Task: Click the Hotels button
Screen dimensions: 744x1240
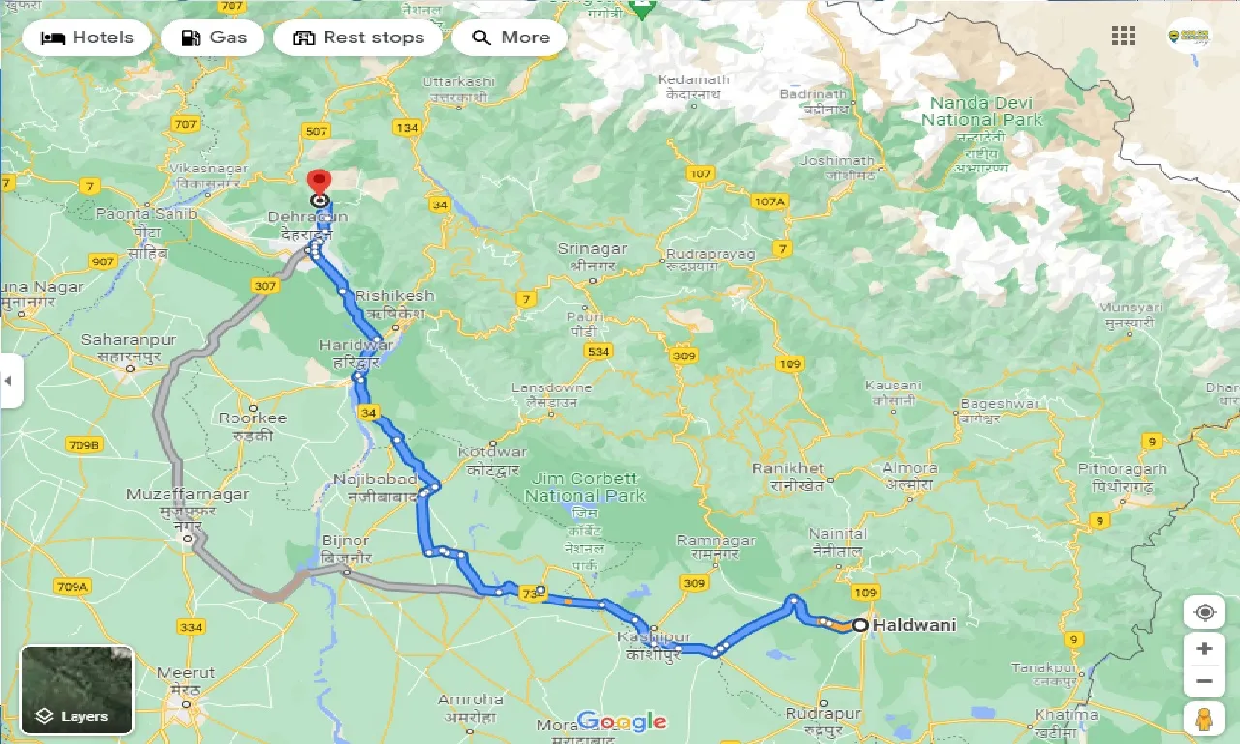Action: (x=87, y=38)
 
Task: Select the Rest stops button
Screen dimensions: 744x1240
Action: (x=358, y=38)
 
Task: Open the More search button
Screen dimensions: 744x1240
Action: (x=511, y=38)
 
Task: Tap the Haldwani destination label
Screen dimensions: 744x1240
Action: (x=914, y=625)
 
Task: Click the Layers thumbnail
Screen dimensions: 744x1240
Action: (x=77, y=691)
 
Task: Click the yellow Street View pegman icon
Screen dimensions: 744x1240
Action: (x=1204, y=719)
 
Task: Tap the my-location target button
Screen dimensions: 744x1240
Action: (x=1204, y=613)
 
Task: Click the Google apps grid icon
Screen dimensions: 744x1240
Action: (x=1124, y=36)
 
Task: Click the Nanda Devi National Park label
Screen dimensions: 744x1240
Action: (x=981, y=111)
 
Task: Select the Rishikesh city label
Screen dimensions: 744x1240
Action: (x=394, y=295)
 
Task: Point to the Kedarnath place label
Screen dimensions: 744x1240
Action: (x=693, y=80)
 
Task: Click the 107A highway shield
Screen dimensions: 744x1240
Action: (x=768, y=201)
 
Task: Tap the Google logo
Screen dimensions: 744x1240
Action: (x=622, y=721)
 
